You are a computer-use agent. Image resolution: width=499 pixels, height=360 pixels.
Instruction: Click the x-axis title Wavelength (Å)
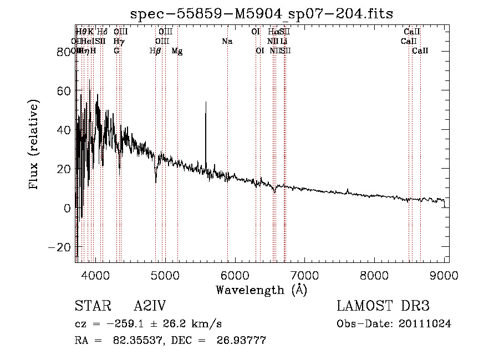[x=262, y=290]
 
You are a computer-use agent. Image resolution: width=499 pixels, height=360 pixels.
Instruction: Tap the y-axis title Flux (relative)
[x=34, y=145]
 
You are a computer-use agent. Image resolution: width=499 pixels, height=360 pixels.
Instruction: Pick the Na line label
[x=227, y=42]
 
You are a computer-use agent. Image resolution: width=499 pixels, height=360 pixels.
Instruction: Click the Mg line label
[x=177, y=51]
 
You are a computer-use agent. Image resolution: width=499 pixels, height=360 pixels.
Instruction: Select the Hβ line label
[x=155, y=51]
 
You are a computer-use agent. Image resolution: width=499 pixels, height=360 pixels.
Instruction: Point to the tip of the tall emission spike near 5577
[x=206, y=103]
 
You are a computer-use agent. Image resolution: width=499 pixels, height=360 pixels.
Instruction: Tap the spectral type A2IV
[x=150, y=306]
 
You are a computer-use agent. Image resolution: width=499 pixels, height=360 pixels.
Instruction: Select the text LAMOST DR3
[x=383, y=306]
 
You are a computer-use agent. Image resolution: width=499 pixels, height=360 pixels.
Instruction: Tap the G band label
[x=116, y=51]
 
